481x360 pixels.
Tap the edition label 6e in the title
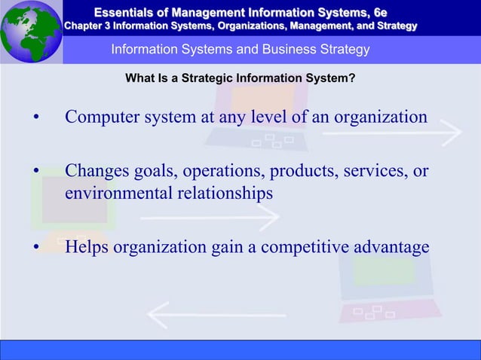coord(378,11)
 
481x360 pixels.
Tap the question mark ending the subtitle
coord(353,78)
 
